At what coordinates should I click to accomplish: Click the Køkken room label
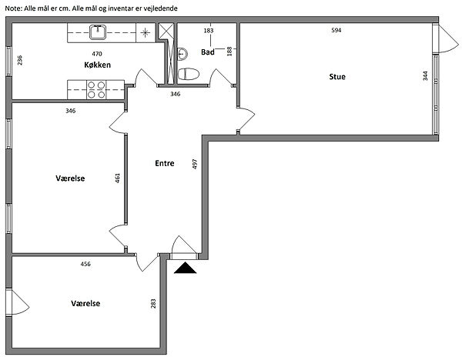97,65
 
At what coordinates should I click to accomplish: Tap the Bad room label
208,52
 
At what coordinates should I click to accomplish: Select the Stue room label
337,76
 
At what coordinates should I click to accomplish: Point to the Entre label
165,163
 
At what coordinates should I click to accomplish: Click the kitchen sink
98,32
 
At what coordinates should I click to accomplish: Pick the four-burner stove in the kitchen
96,90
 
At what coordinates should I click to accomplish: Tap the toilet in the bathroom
189,74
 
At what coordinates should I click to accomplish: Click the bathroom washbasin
182,54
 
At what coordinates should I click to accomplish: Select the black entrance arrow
185,268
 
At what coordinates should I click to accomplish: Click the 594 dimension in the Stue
336,30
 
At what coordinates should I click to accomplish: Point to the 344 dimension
425,75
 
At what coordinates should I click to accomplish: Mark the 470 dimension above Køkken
97,54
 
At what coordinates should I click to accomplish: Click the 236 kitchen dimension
20,60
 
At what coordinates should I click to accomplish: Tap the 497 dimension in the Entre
195,164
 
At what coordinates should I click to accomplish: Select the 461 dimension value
117,178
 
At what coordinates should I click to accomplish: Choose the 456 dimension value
85,264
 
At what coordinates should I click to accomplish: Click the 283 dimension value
153,304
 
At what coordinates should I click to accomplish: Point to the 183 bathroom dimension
209,31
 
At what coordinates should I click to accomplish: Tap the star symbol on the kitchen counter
145,32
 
